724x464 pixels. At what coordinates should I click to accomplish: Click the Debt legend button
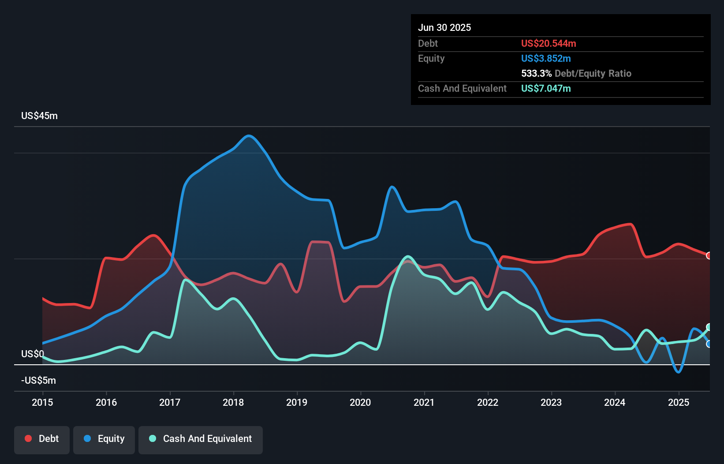(x=42, y=439)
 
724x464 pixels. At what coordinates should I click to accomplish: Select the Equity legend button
(x=104, y=439)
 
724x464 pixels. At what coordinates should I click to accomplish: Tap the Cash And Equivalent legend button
(x=201, y=439)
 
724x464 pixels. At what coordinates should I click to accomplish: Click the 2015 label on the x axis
(x=42, y=402)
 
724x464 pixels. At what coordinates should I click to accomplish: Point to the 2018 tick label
(x=233, y=402)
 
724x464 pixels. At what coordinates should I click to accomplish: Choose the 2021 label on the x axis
(x=424, y=402)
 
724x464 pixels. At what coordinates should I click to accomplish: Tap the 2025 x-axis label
(x=678, y=402)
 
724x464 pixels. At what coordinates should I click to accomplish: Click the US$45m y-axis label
(x=39, y=116)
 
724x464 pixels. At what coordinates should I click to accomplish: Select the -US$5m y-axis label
(x=38, y=380)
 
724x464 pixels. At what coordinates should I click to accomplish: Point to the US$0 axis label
(x=32, y=354)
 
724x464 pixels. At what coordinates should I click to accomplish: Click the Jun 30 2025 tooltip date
(x=444, y=27)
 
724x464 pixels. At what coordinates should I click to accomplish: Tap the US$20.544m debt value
(x=549, y=43)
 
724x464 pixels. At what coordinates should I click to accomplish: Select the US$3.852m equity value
(x=546, y=58)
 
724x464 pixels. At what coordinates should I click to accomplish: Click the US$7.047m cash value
(x=546, y=88)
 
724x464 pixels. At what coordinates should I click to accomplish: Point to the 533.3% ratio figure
(x=536, y=73)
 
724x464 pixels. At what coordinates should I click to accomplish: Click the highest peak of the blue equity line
(x=249, y=135)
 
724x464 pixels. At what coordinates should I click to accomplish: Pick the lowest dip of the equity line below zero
(x=678, y=372)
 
